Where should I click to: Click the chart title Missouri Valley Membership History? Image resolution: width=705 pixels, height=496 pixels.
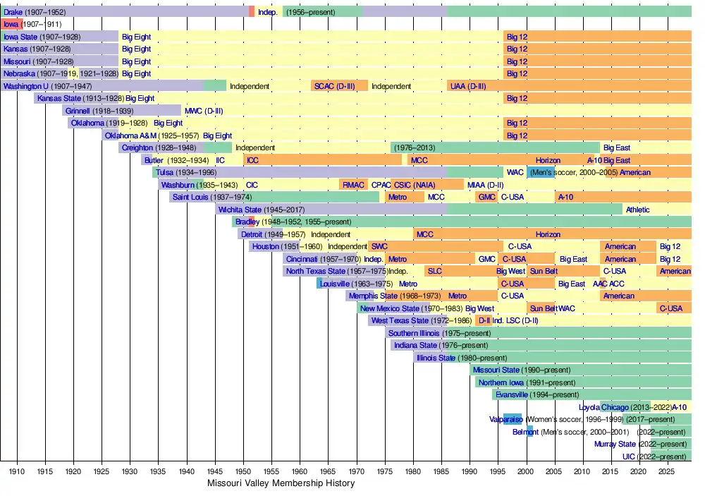(281, 483)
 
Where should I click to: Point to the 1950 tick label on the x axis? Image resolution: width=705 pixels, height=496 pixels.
(243, 471)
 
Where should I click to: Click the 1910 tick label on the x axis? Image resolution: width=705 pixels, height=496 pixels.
(17, 471)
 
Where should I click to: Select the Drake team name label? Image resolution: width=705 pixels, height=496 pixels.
(13, 12)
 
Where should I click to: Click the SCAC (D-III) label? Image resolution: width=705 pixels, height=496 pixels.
(335, 86)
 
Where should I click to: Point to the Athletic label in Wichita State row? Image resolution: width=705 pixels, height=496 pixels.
(637, 210)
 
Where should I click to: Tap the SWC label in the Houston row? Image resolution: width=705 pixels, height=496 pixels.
(379, 246)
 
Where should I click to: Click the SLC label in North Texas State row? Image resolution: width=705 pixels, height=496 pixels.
(434, 271)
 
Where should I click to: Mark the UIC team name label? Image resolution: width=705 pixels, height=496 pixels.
(629, 456)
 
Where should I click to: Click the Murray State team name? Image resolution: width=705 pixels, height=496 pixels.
(615, 444)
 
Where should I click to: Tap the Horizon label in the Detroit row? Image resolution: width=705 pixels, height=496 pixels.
(548, 234)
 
